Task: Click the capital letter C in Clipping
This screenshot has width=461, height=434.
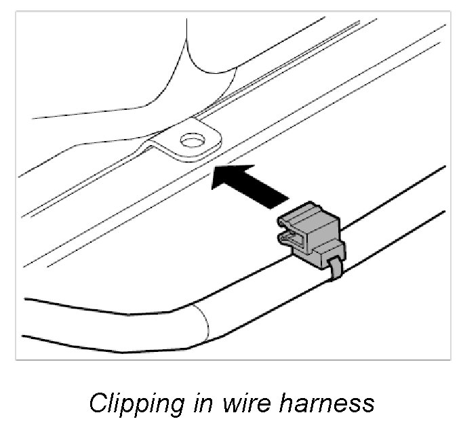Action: click(x=98, y=403)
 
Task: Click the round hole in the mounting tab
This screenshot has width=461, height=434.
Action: click(x=193, y=140)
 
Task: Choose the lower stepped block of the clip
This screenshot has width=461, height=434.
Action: click(x=319, y=252)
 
